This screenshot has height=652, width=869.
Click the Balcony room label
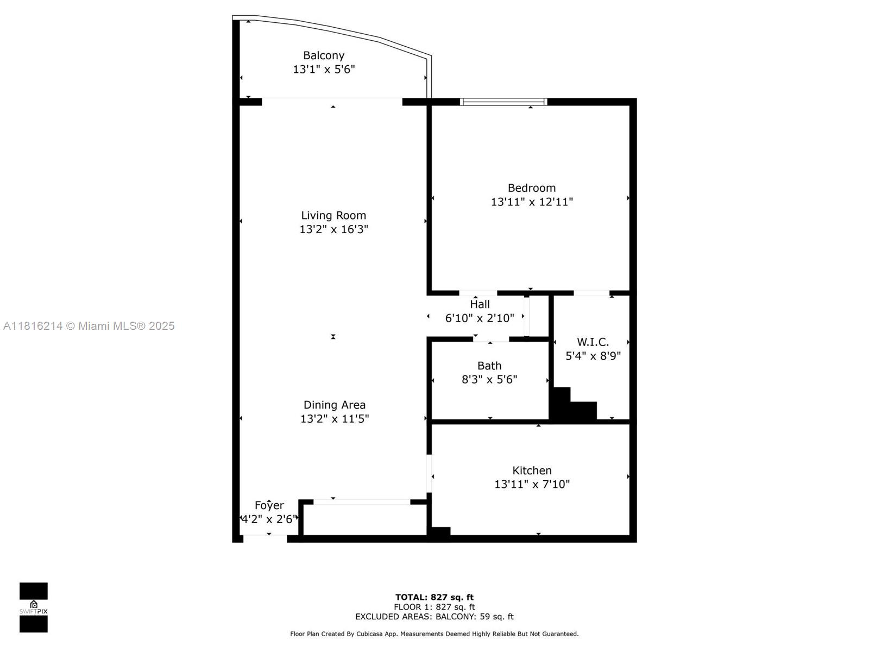324,55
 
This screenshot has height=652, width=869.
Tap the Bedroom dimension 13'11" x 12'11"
532,202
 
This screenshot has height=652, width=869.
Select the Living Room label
333,215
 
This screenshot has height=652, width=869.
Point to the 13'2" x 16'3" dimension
333,229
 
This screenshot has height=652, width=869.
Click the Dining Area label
334,405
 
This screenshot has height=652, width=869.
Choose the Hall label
480,304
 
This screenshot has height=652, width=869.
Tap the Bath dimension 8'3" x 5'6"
489,380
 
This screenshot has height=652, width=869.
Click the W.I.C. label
593,342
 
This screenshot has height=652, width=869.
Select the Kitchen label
532,471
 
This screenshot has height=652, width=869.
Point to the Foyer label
269,505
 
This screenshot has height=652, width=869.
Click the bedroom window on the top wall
503,102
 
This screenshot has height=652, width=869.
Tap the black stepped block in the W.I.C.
573,404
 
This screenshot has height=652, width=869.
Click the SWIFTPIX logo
34,607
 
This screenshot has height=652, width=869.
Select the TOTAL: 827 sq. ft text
434,597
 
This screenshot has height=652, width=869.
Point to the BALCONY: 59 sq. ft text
474,616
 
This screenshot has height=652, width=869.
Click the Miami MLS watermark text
89,326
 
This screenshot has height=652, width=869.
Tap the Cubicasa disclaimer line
434,634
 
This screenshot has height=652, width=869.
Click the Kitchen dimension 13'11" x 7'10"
532,484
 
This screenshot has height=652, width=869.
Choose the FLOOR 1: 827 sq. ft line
434,607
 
